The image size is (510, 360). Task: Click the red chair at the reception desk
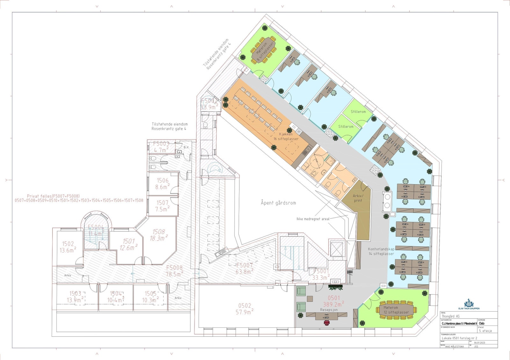coord(327,323)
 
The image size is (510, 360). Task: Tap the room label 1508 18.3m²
coord(159,235)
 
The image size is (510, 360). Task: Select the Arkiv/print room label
coord(358,198)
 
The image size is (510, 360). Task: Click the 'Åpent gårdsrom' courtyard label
coord(278,203)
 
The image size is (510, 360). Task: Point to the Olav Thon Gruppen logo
coord(468,304)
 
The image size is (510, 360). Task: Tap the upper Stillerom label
coord(358,112)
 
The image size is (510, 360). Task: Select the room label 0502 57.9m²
coord(244,309)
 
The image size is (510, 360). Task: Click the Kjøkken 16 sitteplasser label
coord(286,136)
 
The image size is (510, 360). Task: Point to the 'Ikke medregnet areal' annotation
coord(313,219)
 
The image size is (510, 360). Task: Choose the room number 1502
coord(68,244)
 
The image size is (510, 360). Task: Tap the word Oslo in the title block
coord(481,323)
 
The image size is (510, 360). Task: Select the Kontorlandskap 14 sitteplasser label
coord(381,251)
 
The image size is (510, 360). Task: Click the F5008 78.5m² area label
coord(174,271)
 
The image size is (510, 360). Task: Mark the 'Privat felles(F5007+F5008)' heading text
coord(53,196)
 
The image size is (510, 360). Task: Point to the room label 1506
coord(163,181)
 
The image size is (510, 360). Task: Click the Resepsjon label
coord(329,310)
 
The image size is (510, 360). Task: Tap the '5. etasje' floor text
coord(485,331)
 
